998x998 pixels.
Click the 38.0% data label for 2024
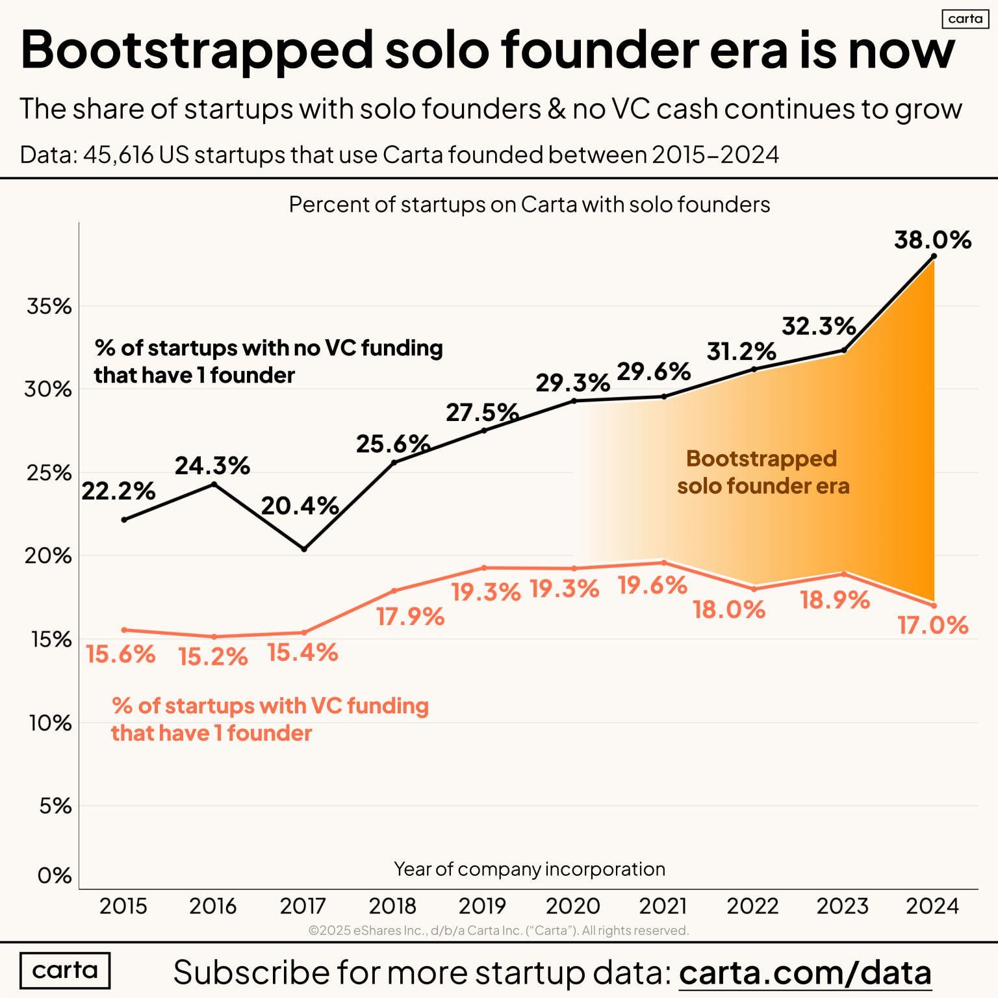coord(932,240)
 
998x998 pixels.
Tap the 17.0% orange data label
coord(932,625)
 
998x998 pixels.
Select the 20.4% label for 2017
coord(300,505)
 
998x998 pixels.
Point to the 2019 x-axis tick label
coord(483,905)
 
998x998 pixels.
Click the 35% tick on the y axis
coord(49,306)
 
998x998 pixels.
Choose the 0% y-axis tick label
coord(55,875)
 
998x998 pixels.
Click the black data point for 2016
coord(214,484)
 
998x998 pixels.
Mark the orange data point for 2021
coord(663,563)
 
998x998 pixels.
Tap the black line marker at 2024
coord(934,256)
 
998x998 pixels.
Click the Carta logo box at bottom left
coord(65,970)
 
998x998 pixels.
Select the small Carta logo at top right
coord(965,19)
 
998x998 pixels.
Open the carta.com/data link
coord(805,973)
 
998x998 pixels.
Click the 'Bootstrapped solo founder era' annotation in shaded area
coord(762,472)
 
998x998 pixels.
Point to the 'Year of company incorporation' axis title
coord(529,869)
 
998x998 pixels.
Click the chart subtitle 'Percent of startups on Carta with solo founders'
coord(529,205)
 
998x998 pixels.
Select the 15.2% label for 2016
coord(213,657)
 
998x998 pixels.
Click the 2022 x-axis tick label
coord(752,905)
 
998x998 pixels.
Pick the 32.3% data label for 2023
coord(818,326)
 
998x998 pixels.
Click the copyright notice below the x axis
coord(498,930)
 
